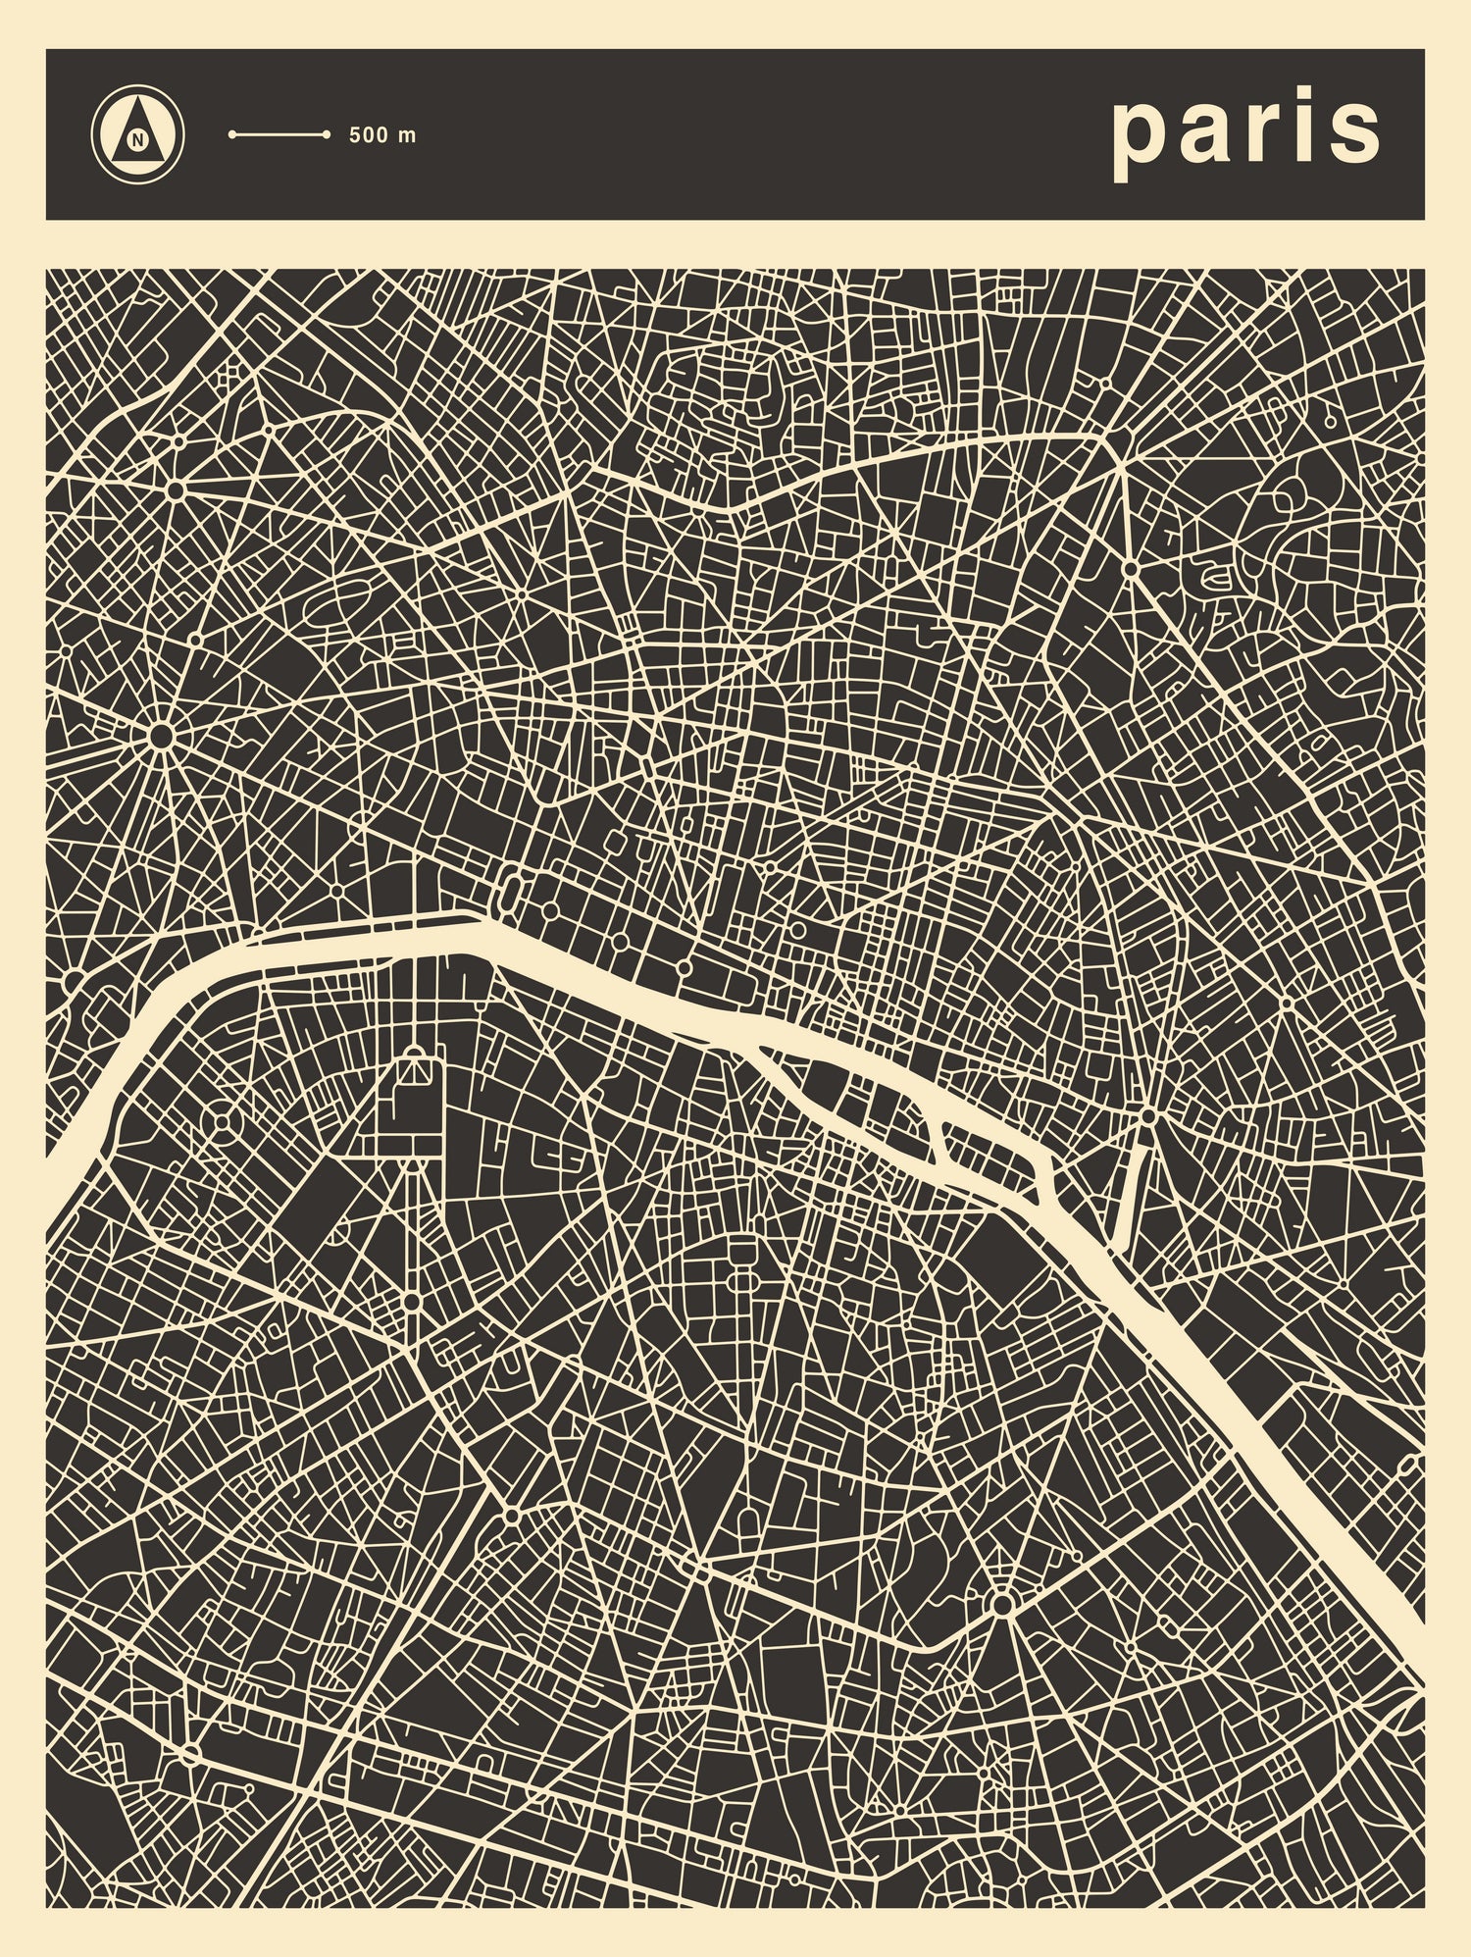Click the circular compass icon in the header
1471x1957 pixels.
click(x=138, y=135)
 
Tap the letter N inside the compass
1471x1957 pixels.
click(x=138, y=139)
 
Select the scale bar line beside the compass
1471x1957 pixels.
click(x=279, y=135)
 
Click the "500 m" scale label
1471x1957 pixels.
click(x=382, y=135)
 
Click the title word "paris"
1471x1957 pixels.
click(x=1245, y=132)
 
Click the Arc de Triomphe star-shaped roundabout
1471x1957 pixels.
click(x=161, y=735)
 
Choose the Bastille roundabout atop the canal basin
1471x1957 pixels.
click(x=1147, y=1116)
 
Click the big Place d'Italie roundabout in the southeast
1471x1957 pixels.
click(x=1001, y=1605)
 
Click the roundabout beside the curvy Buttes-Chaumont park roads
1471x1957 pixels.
click(x=1130, y=568)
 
